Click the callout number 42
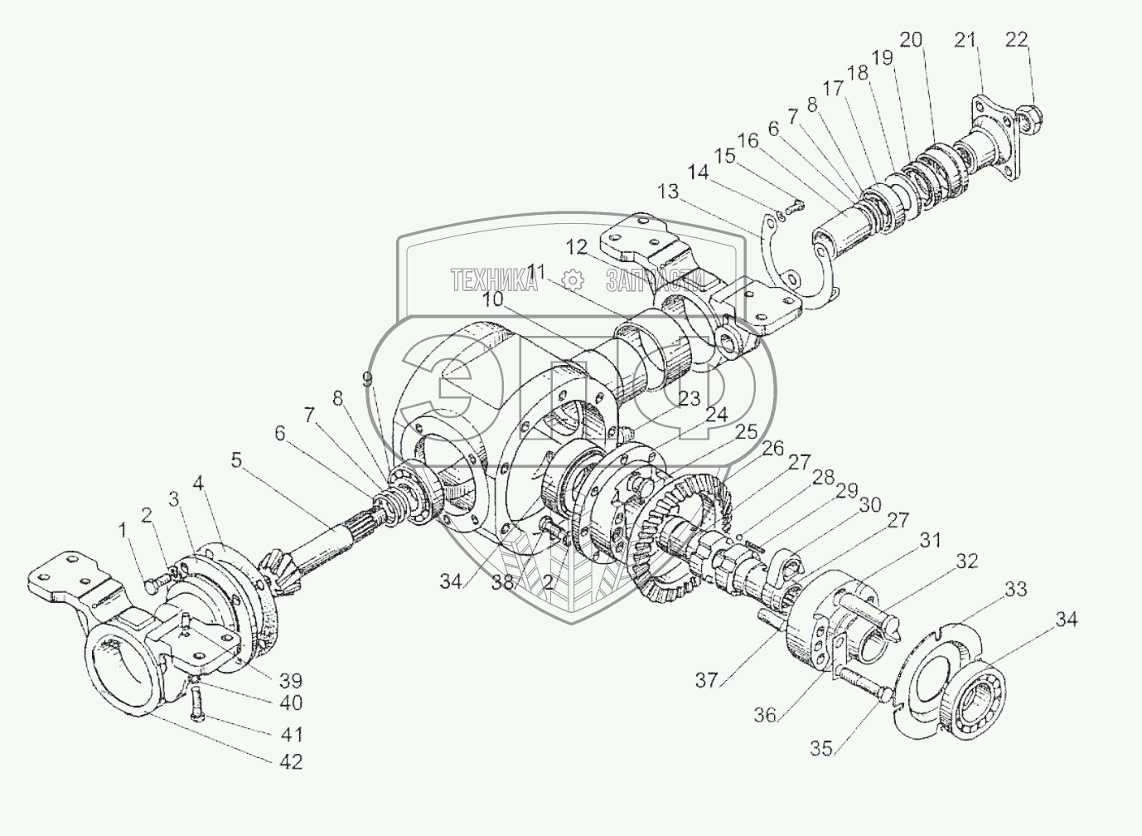click(x=290, y=761)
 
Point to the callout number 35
click(x=820, y=747)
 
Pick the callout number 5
click(x=237, y=459)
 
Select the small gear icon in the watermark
click(x=570, y=279)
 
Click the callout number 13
click(x=667, y=192)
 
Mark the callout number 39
click(x=290, y=682)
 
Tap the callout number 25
click(x=746, y=432)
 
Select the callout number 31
click(x=931, y=540)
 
